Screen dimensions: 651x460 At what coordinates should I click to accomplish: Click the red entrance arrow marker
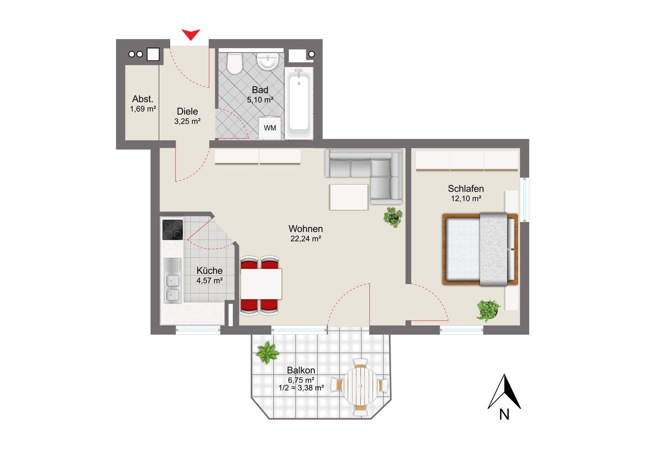click(x=191, y=35)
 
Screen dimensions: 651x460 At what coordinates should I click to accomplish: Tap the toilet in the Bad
click(x=234, y=63)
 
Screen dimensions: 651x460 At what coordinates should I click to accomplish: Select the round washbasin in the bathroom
click(x=268, y=60)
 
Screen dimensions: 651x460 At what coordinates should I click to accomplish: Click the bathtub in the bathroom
click(x=299, y=104)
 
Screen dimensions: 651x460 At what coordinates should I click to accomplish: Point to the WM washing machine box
click(x=270, y=128)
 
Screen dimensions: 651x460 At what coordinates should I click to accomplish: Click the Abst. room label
click(x=143, y=99)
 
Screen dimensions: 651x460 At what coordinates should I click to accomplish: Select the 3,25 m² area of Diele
click(x=188, y=121)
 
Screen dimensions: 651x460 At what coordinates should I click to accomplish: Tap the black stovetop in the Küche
click(x=172, y=230)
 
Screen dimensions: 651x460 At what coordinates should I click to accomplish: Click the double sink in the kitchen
click(x=172, y=281)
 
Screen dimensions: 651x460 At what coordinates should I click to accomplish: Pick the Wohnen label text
click(x=306, y=229)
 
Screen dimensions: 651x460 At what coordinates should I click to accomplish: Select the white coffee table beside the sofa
click(x=349, y=197)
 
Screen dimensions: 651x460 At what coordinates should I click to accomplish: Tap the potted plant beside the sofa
click(x=393, y=217)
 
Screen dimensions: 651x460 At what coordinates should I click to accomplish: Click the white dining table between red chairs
click(x=261, y=284)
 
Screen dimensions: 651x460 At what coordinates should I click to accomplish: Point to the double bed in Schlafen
click(x=480, y=249)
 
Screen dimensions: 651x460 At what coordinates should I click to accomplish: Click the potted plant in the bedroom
click(x=488, y=311)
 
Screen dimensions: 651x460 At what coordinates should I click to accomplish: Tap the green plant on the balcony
click(x=268, y=352)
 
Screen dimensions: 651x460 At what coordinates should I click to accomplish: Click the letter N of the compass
click(x=504, y=415)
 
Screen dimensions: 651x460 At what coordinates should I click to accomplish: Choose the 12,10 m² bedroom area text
click(x=466, y=199)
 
